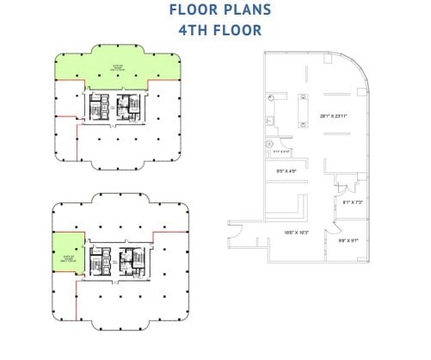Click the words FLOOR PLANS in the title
[215, 11]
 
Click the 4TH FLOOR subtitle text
[215, 30]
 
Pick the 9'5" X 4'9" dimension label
[286, 172]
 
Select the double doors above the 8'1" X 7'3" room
[343, 186]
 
